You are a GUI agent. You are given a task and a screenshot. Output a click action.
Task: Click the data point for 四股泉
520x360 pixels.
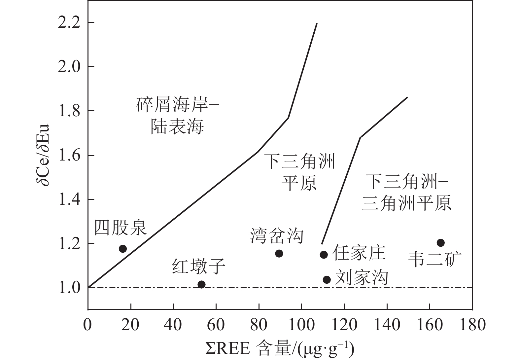pyautogui.click(x=123, y=249)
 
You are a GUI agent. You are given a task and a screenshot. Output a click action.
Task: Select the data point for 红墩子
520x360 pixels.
pyautogui.click(x=201, y=284)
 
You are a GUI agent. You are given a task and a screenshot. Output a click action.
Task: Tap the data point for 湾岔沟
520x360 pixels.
pyautogui.click(x=279, y=254)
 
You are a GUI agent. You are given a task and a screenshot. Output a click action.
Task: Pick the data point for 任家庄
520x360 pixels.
pyautogui.click(x=324, y=255)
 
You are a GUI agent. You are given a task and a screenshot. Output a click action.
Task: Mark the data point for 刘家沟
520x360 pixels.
pyautogui.click(x=327, y=280)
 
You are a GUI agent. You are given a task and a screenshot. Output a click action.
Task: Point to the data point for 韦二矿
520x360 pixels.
pyautogui.click(x=440, y=243)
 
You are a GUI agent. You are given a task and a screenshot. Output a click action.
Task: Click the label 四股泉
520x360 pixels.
pyautogui.click(x=121, y=228)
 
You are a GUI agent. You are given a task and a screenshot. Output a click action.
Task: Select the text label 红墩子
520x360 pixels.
pyautogui.click(x=199, y=267)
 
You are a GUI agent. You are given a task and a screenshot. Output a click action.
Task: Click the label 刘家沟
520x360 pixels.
pyautogui.click(x=362, y=277)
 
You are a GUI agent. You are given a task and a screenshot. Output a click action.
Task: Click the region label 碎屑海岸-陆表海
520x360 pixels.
pyautogui.click(x=178, y=116)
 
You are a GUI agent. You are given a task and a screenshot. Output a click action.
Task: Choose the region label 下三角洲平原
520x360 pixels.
pyautogui.click(x=300, y=171)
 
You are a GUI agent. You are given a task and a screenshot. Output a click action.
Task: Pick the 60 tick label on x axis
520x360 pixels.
pyautogui.click(x=216, y=325)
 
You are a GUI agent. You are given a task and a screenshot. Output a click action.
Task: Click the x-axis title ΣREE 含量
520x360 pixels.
pyautogui.click(x=279, y=349)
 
